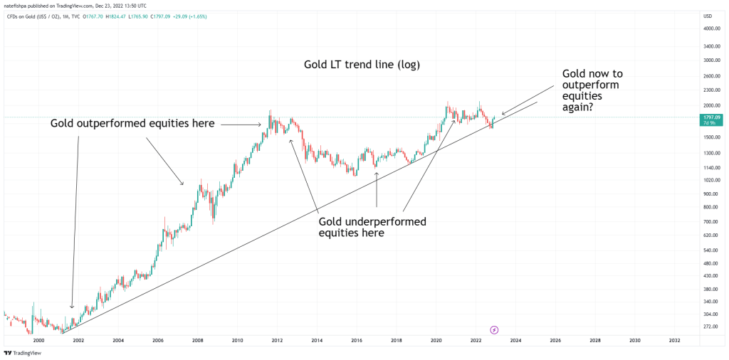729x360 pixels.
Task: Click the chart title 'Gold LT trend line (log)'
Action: (x=362, y=65)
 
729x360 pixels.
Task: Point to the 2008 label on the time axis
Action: (x=197, y=341)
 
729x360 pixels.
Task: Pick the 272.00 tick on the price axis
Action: (x=709, y=327)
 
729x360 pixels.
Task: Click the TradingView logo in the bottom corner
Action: (x=22, y=353)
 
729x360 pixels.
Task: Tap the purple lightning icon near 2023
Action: (x=495, y=329)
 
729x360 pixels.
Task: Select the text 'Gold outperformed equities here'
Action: (x=132, y=124)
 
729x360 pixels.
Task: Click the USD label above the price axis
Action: (x=708, y=16)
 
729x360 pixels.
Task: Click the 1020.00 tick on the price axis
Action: (x=709, y=180)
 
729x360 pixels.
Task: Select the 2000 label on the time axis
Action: (x=38, y=341)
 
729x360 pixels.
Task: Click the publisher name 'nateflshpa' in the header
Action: (x=17, y=5)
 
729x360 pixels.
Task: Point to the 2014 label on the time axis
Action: (x=317, y=341)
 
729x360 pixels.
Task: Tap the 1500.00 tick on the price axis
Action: (x=709, y=137)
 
